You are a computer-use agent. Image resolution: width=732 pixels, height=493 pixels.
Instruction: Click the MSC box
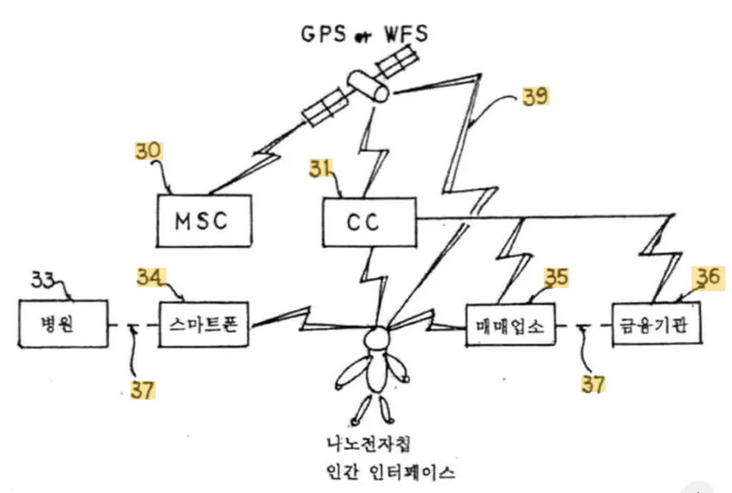tap(204, 220)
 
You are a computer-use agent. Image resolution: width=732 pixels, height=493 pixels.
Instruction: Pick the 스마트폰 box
tap(204, 324)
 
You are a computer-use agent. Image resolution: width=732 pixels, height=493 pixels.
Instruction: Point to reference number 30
tap(149, 152)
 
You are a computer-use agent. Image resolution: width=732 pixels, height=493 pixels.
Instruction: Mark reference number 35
tap(556, 278)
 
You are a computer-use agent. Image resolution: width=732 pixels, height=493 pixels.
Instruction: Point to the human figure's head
tap(377, 338)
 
